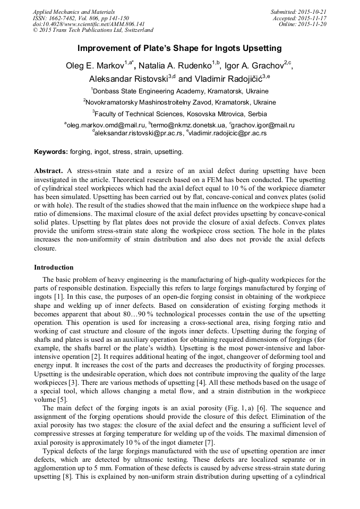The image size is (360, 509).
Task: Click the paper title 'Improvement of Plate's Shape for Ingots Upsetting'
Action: pos(179,48)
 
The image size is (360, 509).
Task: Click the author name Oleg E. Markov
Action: pos(94,66)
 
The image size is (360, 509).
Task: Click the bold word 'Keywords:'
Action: pos(51,152)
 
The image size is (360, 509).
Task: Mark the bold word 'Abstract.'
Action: pos(49,171)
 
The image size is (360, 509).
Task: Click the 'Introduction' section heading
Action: pos(54,267)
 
